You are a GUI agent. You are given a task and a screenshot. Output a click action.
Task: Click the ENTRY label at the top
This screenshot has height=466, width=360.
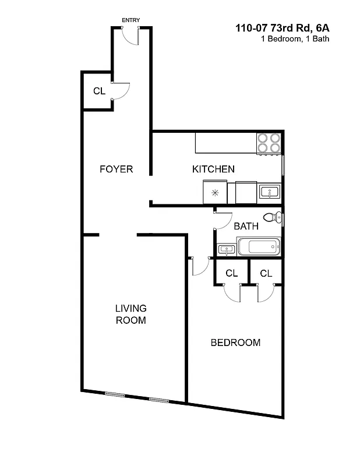point(130,20)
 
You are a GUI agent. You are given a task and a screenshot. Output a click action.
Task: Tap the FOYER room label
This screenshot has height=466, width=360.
point(116,170)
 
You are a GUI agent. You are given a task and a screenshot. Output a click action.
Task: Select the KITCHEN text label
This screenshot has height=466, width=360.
point(213,170)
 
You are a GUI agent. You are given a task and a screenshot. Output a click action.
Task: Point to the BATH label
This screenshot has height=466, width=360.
point(246,226)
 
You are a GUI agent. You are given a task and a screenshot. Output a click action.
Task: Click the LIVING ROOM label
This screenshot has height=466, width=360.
point(130,314)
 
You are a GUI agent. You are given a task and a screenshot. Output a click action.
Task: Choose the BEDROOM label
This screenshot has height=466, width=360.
point(235,343)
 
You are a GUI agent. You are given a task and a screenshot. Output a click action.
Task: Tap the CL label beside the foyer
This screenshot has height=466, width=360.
point(99,91)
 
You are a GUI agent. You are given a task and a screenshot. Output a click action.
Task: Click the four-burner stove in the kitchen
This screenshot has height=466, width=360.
point(269,143)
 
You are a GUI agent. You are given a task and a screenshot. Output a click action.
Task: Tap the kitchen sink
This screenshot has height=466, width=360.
point(270,192)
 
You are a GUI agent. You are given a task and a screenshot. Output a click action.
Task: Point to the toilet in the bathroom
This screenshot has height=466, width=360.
point(271,218)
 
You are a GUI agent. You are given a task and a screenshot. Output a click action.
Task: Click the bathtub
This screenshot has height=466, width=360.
point(259,246)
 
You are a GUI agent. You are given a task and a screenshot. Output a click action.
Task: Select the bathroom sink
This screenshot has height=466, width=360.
point(226,249)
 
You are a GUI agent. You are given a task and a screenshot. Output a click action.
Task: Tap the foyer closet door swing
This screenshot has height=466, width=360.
point(121,92)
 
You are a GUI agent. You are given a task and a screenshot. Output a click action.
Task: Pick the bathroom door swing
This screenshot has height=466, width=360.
point(220,219)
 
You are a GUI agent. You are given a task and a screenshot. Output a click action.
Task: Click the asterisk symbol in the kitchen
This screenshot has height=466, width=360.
point(215,192)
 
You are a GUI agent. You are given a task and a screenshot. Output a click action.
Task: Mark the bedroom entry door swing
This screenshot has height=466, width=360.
point(199,266)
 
